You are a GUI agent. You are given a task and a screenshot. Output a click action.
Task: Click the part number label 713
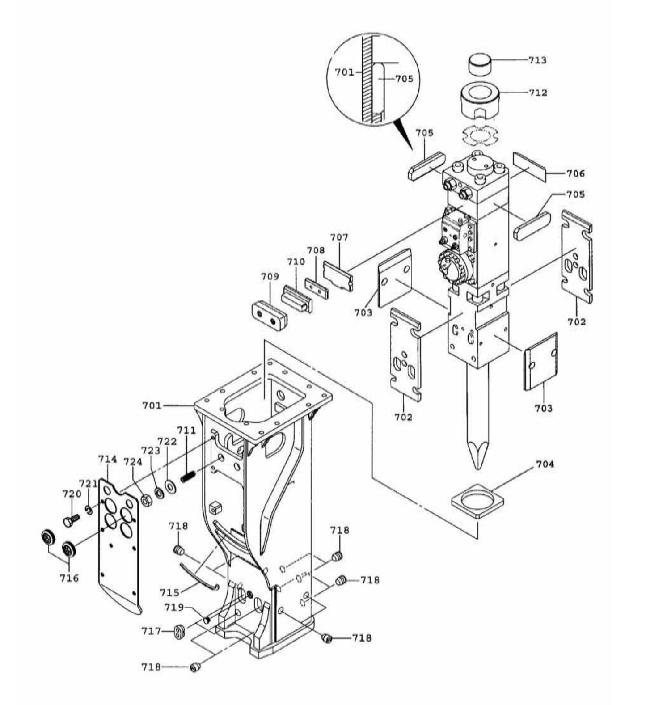pos(537,60)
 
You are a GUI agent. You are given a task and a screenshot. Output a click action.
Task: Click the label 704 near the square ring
pos(545,464)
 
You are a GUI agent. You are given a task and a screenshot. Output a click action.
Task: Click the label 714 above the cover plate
pos(107,459)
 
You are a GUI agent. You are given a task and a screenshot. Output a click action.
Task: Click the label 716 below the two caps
pos(69,578)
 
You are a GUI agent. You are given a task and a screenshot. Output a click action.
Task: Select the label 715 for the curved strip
pos(170,592)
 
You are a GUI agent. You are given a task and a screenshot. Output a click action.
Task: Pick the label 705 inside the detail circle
pos(404,79)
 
